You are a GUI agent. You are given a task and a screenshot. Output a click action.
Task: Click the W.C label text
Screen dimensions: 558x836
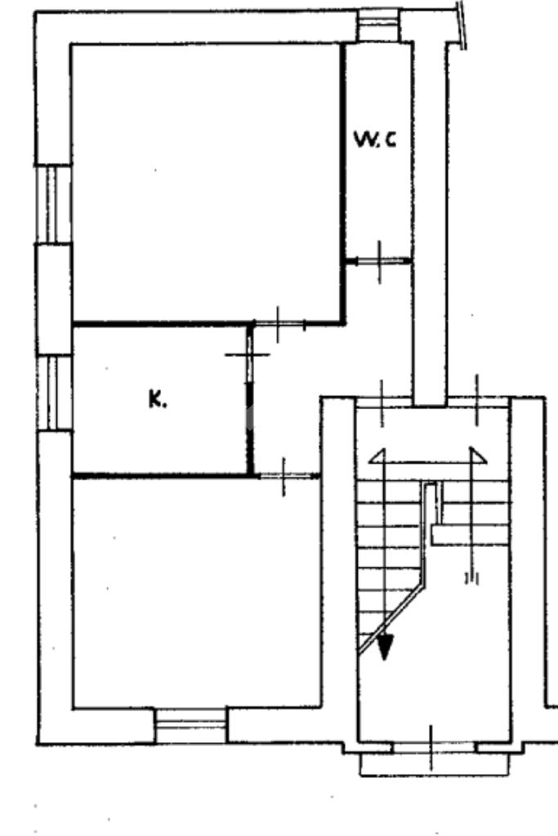tap(375, 140)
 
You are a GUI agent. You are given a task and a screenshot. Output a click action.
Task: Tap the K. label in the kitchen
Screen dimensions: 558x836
tap(157, 399)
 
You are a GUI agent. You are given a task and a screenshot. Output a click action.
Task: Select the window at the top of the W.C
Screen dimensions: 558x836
tap(377, 25)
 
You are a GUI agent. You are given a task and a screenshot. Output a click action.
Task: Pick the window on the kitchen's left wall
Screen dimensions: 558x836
tap(56, 393)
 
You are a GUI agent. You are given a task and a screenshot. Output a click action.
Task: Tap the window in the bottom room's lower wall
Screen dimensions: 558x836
tap(190, 726)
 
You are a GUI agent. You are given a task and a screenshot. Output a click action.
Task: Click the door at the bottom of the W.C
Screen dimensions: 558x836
tap(379, 261)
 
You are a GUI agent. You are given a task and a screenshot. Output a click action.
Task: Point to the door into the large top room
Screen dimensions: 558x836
tap(279, 324)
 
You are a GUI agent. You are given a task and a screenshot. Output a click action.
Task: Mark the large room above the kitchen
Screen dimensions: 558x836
tap(204, 180)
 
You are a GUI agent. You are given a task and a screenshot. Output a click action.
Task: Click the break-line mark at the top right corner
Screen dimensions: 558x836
tap(463, 24)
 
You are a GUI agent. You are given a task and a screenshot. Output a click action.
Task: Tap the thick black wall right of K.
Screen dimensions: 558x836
tap(250, 433)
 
